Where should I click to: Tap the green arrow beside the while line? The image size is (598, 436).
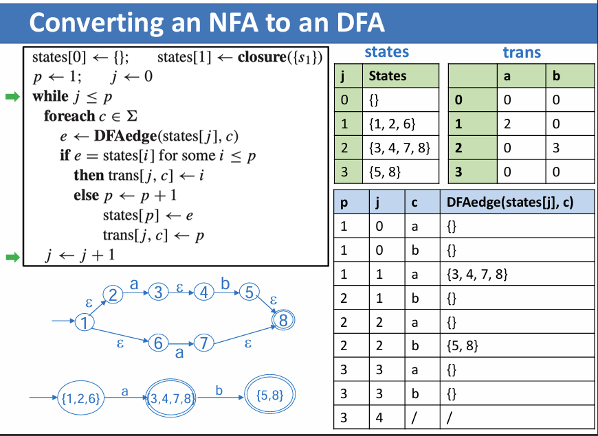[x=12, y=96]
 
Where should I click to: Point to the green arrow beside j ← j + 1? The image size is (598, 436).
[x=12, y=257]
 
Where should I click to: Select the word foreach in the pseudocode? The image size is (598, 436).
[x=69, y=116]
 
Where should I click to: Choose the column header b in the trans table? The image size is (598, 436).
[x=556, y=76]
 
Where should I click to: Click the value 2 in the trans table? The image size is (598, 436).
[x=507, y=124]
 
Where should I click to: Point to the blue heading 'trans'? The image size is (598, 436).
[x=522, y=52]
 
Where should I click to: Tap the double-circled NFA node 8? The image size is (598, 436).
[x=283, y=319]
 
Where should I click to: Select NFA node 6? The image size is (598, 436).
[x=158, y=343]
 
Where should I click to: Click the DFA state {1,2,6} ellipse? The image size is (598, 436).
[x=81, y=397]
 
